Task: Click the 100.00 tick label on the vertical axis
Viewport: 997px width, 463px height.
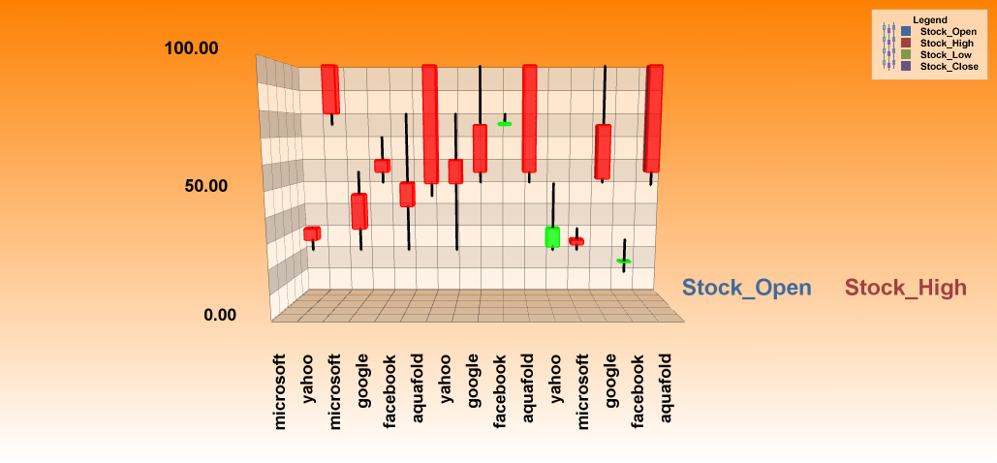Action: point(192,48)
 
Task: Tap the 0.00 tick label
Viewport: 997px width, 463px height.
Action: point(219,314)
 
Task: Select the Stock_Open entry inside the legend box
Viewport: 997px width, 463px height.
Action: point(949,32)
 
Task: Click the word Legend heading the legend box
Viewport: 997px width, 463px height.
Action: point(929,19)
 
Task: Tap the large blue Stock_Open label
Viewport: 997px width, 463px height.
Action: point(746,288)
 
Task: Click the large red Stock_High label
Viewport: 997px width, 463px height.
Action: point(906,288)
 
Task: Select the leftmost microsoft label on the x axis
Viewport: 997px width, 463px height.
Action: point(281,391)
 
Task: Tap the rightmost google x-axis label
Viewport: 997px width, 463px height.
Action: point(611,384)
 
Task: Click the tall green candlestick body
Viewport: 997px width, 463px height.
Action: point(552,236)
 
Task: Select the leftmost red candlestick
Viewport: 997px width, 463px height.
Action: point(312,233)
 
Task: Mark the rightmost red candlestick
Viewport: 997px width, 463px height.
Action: point(654,117)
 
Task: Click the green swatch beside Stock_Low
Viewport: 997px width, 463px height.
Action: point(906,55)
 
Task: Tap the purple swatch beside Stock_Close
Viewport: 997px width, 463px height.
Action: point(906,67)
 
